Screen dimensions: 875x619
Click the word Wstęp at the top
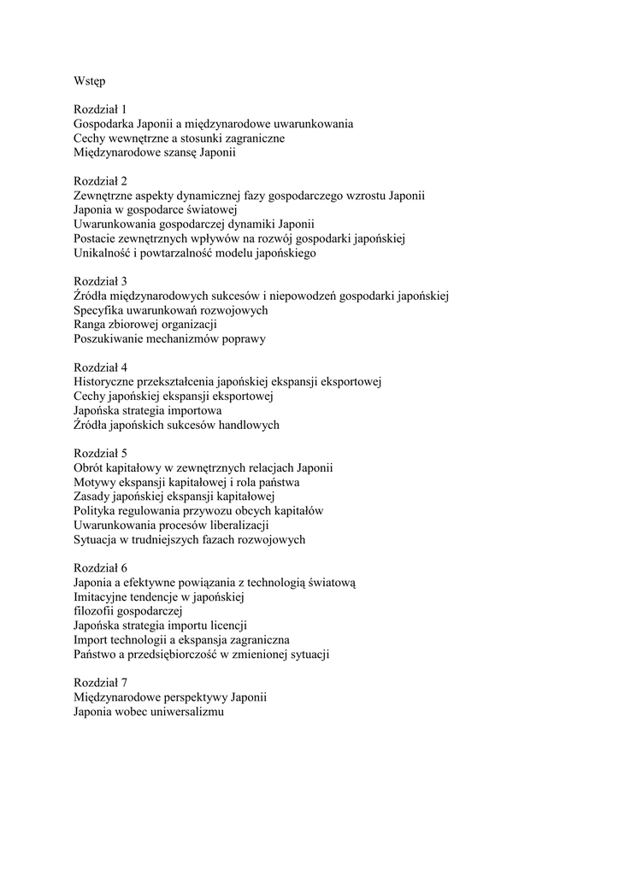[x=89, y=81]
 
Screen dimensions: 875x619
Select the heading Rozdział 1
[x=100, y=109]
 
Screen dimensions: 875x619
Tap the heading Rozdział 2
[x=100, y=181]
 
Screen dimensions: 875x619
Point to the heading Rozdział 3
[x=100, y=281]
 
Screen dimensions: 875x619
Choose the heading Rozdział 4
[x=100, y=367]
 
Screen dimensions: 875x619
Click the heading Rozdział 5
[x=100, y=454]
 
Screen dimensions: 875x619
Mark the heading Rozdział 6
[x=100, y=568]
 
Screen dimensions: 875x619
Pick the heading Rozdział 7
[x=100, y=683]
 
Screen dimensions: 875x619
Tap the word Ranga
[x=90, y=325]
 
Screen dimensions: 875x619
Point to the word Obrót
[x=90, y=468]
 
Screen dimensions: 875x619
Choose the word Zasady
[x=93, y=497]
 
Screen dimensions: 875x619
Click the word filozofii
[x=93, y=612]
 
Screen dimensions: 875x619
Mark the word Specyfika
[x=100, y=310]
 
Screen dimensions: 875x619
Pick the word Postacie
[x=96, y=238]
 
